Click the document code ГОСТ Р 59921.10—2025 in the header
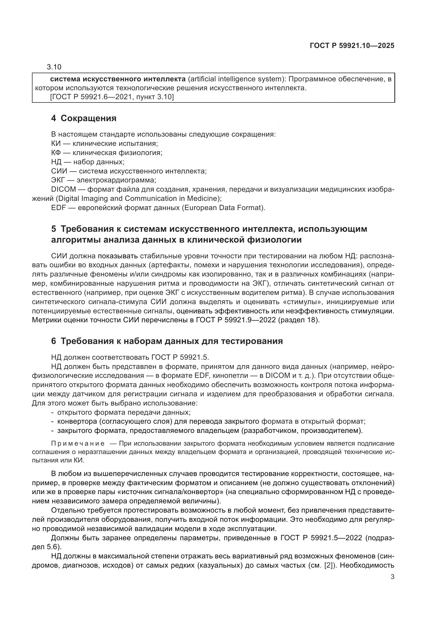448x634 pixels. click(x=352, y=46)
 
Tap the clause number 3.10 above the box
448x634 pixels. click(x=54, y=67)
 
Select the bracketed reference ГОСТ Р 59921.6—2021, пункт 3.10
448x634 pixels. click(x=112, y=97)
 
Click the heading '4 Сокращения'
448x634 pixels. click(x=84, y=118)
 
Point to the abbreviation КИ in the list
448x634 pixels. click(x=56, y=144)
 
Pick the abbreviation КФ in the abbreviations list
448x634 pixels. click(x=56, y=153)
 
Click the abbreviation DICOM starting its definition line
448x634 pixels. click(x=63, y=189)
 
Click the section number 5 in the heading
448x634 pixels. click(x=54, y=229)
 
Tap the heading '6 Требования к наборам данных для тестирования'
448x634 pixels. click(x=167, y=341)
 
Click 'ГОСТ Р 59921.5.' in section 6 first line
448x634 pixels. click(x=180, y=358)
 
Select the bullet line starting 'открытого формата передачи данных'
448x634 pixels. click(x=124, y=413)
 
